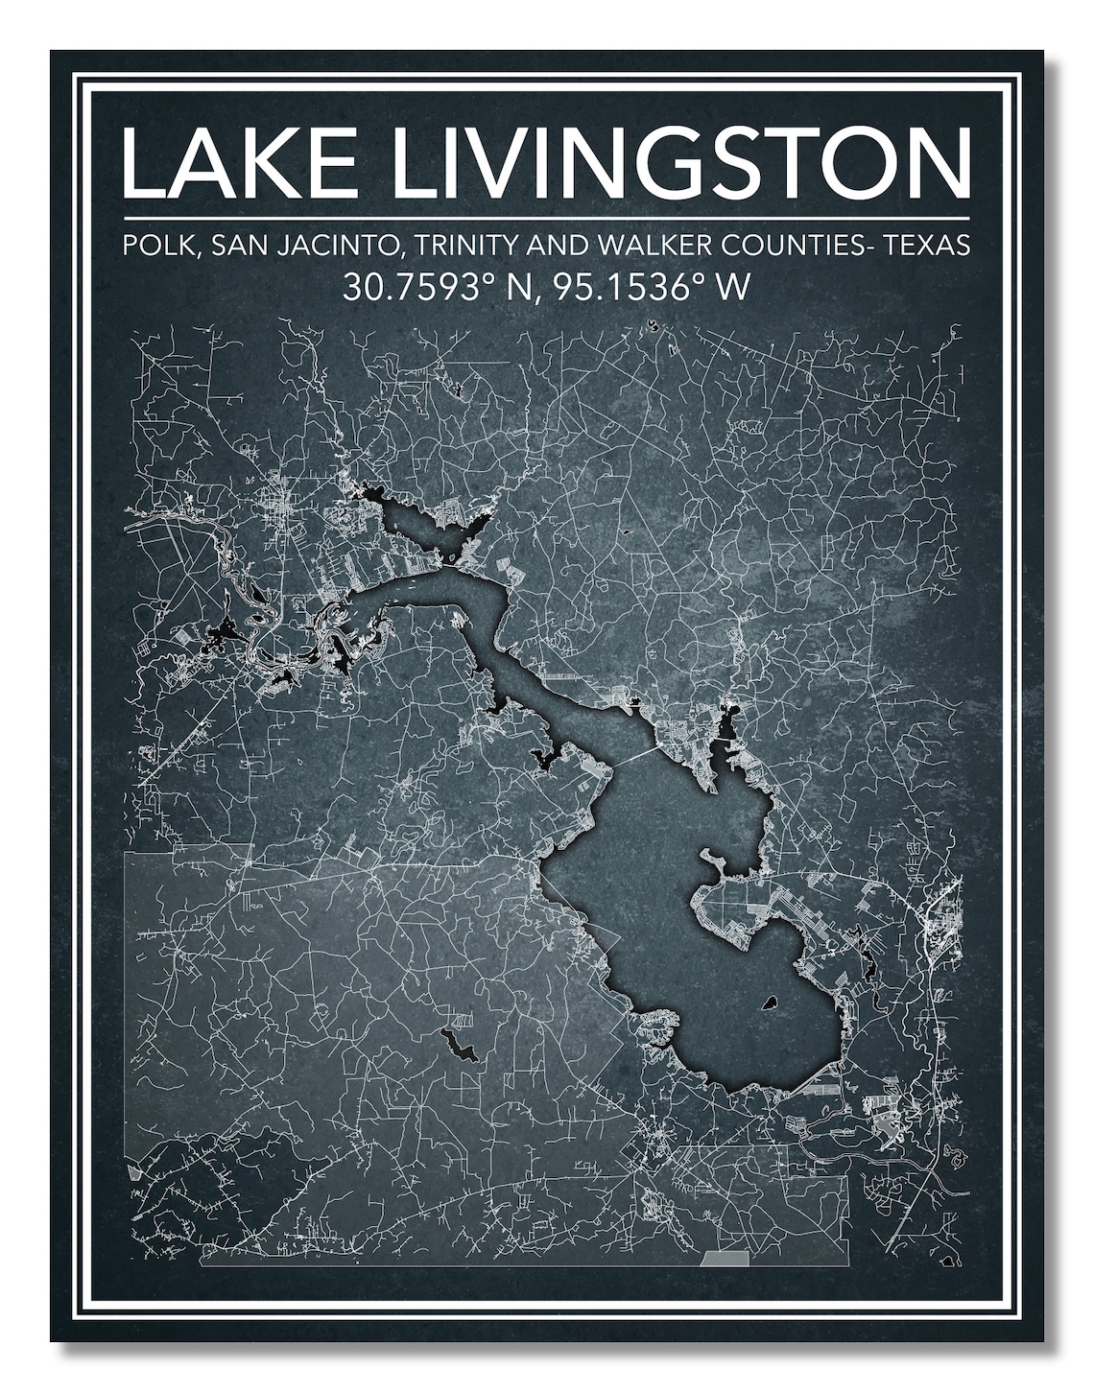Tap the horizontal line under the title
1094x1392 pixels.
tap(546, 218)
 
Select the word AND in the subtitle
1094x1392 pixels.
tap(558, 247)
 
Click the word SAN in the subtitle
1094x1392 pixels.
tap(233, 247)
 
